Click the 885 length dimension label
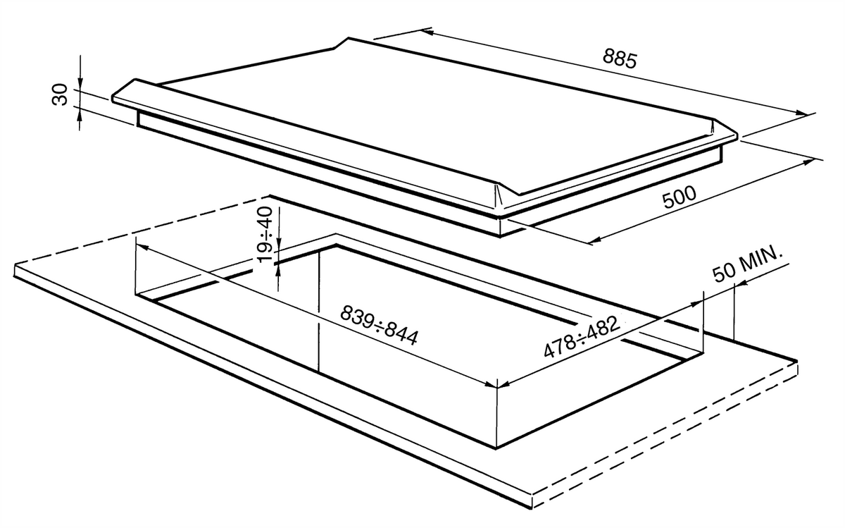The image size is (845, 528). coord(620,59)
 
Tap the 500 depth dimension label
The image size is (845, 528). coord(680,197)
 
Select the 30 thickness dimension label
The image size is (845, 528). coord(59,94)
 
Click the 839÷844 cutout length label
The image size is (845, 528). coord(379,325)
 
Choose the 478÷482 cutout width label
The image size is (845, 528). coord(582,336)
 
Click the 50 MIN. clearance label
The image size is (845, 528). coord(747,263)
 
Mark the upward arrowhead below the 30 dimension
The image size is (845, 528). coord(80,113)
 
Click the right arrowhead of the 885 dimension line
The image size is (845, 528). coord(801,113)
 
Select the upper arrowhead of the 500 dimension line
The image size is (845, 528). coord(806,162)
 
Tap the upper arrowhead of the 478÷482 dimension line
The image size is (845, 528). coord(696,304)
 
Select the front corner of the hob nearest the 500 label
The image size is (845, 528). coord(499,216)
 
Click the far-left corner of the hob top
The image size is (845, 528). coord(113,99)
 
